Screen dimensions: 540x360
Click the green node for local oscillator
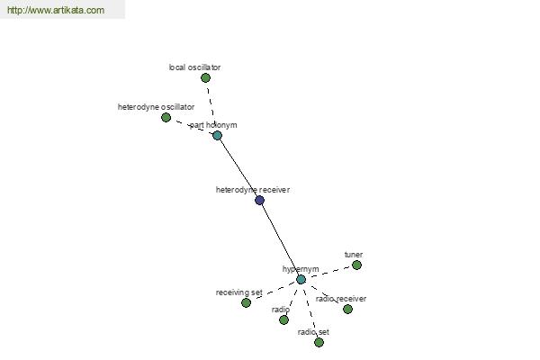click(x=205, y=78)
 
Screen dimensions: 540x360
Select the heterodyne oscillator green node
click(x=166, y=118)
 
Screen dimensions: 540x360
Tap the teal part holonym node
click(x=217, y=135)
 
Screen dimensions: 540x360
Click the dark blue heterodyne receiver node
click(x=260, y=200)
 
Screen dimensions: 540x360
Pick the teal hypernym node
click(x=301, y=279)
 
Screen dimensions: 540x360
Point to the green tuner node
click(x=356, y=265)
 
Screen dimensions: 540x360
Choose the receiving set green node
click(x=246, y=302)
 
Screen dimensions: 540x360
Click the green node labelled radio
click(x=283, y=320)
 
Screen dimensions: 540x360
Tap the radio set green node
click(x=319, y=342)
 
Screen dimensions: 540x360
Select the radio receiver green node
click(x=347, y=309)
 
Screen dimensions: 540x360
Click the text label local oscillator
click(x=194, y=67)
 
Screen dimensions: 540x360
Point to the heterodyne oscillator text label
click(x=156, y=107)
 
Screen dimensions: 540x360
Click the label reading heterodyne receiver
click(x=252, y=190)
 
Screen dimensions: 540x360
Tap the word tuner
click(x=354, y=255)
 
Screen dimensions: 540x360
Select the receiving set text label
click(x=239, y=292)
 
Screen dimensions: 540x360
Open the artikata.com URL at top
click(x=56, y=10)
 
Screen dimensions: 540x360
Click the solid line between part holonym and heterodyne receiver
click(x=238, y=167)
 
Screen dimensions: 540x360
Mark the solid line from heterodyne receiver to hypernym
click(x=280, y=239)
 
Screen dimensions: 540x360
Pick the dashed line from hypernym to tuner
click(x=328, y=272)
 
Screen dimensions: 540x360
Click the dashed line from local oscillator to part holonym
click(x=211, y=105)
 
